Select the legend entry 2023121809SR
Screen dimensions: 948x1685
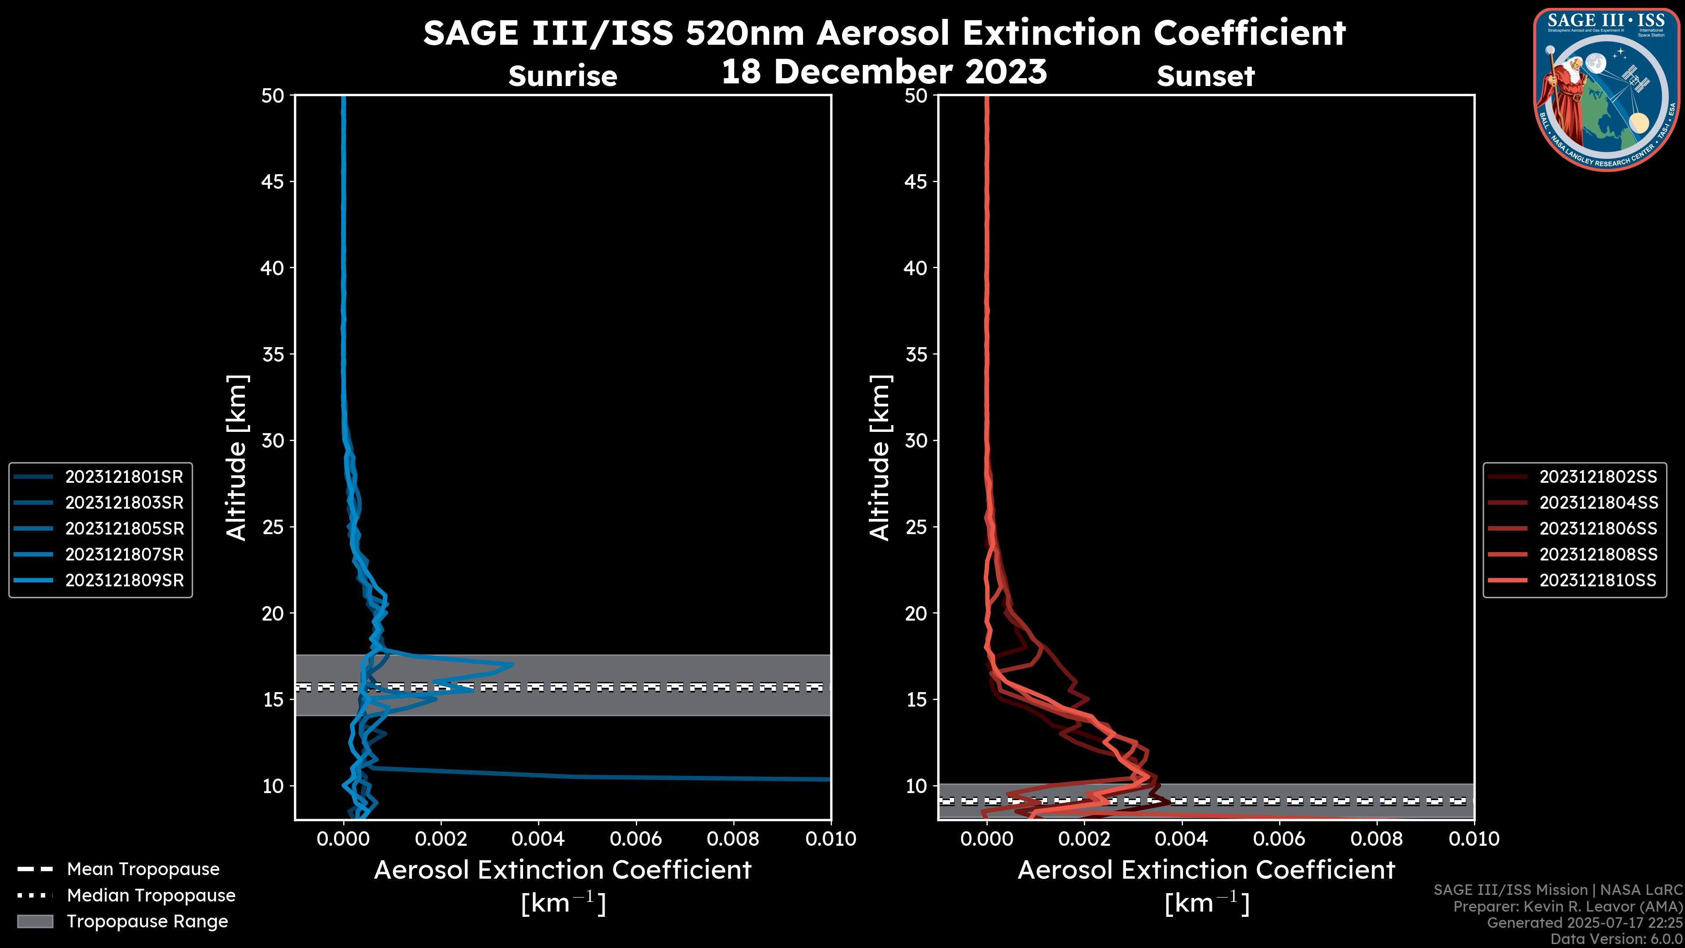[124, 580]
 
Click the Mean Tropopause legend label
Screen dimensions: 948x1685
[143, 869]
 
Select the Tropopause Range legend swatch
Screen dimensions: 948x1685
[35, 921]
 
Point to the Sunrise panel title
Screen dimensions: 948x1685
[563, 76]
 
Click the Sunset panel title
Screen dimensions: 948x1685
[1205, 76]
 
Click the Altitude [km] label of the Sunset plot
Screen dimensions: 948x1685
[880, 457]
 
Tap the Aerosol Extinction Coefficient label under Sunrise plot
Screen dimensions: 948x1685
[563, 870]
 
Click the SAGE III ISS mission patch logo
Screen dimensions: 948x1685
[1606, 89]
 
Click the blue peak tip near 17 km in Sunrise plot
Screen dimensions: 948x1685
[512, 665]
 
